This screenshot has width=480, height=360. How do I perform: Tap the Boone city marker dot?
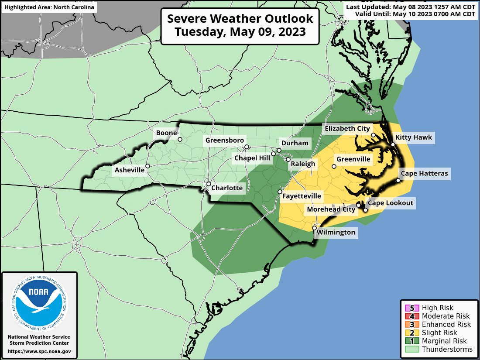coord(179,140)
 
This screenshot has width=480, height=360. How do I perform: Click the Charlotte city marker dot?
coord(209,184)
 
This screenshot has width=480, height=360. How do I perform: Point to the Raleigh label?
coord(303,164)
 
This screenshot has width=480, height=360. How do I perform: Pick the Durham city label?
coord(295,143)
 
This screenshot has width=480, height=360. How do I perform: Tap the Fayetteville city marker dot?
coord(280,192)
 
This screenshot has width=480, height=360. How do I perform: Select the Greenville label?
coord(353,159)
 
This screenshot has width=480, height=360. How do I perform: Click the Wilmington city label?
coord(336,232)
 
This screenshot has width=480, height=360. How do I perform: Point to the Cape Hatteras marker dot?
coord(398,181)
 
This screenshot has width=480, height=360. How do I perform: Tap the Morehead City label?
coord(331,209)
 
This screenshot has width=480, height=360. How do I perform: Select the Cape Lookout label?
coord(390,203)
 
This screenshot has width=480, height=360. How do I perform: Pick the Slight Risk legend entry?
coord(439,333)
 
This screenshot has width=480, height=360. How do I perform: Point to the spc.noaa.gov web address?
coord(39,351)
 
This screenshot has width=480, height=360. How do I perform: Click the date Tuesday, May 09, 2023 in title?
coord(240,32)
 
